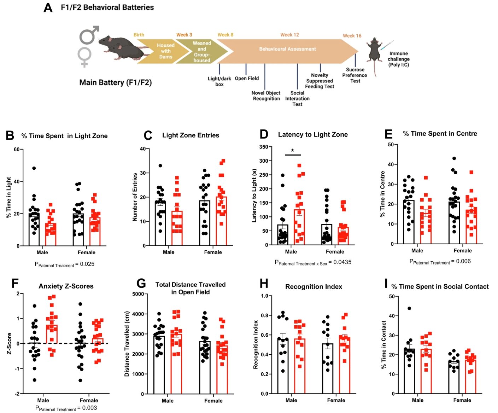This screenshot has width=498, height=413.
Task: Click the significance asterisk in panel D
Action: pyautogui.click(x=293, y=151)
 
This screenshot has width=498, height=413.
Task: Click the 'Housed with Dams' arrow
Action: pyautogui.click(x=163, y=51)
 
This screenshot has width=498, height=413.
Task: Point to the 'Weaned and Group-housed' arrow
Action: pyautogui.click(x=201, y=52)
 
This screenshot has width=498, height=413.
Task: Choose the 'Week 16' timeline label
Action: pyautogui.click(x=352, y=36)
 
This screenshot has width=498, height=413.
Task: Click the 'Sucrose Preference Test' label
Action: pyautogui.click(x=355, y=75)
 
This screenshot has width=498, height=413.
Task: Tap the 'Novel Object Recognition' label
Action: pyautogui.click(x=266, y=96)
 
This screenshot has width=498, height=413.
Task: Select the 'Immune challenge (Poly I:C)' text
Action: pyautogui.click(x=398, y=59)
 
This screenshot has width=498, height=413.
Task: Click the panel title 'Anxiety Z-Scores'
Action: pyautogui.click(x=66, y=286)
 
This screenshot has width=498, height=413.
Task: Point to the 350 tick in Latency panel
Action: pyautogui.click(x=263, y=147)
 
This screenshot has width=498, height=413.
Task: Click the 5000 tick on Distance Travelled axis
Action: pyautogui.click(x=137, y=294)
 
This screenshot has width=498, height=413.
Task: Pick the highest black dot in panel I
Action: pyautogui.click(x=409, y=308)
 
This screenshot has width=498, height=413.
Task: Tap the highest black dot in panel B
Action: pyautogui.click(x=34, y=168)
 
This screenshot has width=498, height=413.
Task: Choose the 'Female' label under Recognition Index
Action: pyautogui.click(x=336, y=400)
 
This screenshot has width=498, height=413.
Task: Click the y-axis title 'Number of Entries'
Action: pyautogui.click(x=135, y=197)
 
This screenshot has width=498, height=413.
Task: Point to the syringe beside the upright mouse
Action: pyautogui.click(x=387, y=45)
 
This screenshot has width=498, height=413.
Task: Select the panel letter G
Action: pyautogui.click(x=141, y=284)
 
